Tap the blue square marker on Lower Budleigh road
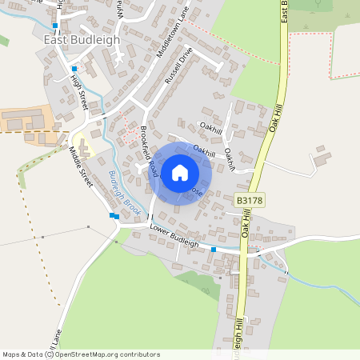[x=214, y=250]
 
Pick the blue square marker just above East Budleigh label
[x=55, y=26]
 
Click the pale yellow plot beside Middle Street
[x=88, y=147]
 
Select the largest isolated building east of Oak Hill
[x=323, y=157]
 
